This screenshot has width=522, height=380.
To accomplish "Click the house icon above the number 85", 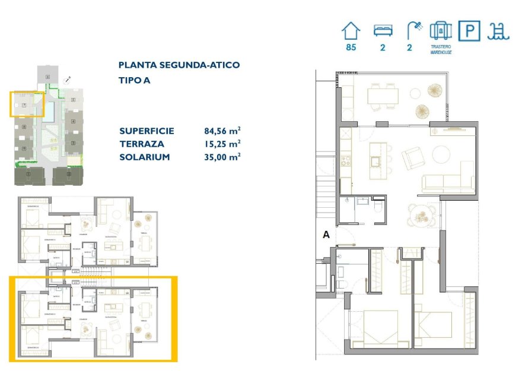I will click(351, 30).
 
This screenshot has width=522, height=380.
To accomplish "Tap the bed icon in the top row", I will click(382, 30).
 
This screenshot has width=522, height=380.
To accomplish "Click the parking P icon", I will click(470, 30).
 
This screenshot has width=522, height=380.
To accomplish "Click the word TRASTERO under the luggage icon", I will click(440, 46).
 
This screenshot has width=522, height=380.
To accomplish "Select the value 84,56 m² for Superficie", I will click(222, 131).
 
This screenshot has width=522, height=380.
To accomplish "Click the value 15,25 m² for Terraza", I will click(222, 144).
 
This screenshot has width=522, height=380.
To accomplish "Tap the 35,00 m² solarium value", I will click(222, 157).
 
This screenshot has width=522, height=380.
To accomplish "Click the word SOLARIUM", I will click(145, 157).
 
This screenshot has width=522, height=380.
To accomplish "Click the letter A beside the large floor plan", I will click(326, 235).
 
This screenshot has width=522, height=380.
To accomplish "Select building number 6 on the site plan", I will click(47, 77).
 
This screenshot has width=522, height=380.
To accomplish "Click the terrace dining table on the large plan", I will click(383, 96).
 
